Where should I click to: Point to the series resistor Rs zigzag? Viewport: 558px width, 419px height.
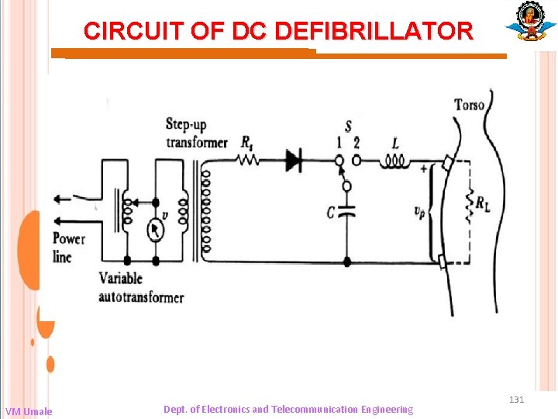(248, 161)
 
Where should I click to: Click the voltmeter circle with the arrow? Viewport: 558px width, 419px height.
(155, 230)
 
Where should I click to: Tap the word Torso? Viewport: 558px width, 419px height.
(469, 105)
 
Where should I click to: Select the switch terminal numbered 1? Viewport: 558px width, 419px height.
(339, 161)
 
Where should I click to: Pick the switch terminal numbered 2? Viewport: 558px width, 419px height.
(356, 161)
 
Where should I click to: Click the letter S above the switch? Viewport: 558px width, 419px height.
(348, 126)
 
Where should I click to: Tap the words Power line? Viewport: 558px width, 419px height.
(69, 248)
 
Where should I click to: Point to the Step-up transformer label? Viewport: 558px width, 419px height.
(196, 133)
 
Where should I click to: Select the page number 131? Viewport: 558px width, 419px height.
(517, 400)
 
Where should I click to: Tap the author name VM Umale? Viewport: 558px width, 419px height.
(29, 411)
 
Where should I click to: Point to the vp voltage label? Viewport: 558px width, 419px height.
(418, 210)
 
